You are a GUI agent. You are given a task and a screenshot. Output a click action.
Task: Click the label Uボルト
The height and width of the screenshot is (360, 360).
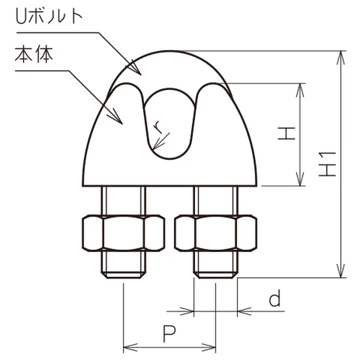pos(49,16)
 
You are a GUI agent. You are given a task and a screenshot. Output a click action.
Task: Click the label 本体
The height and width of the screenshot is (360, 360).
pos(34,55)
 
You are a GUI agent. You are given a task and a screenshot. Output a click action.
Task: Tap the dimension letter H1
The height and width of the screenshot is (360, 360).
pos(328,164)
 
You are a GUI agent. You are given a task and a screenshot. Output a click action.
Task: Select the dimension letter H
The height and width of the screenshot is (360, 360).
pos(286,133)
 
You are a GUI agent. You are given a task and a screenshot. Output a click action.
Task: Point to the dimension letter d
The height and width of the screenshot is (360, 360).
pos(275,298)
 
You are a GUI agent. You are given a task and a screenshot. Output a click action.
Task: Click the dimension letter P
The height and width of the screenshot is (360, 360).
pos(169,334)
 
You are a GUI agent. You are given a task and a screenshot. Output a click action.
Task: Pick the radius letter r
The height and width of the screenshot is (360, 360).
pos(158,127)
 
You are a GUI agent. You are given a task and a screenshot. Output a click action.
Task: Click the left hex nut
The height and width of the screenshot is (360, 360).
pos(124,233)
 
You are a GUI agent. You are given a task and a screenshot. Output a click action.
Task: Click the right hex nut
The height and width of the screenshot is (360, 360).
pos(215,233)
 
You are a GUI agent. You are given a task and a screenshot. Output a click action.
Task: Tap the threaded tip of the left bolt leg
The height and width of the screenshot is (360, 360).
pos(124,275)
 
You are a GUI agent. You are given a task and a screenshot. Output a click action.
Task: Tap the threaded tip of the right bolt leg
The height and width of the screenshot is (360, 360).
pos(215,275)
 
